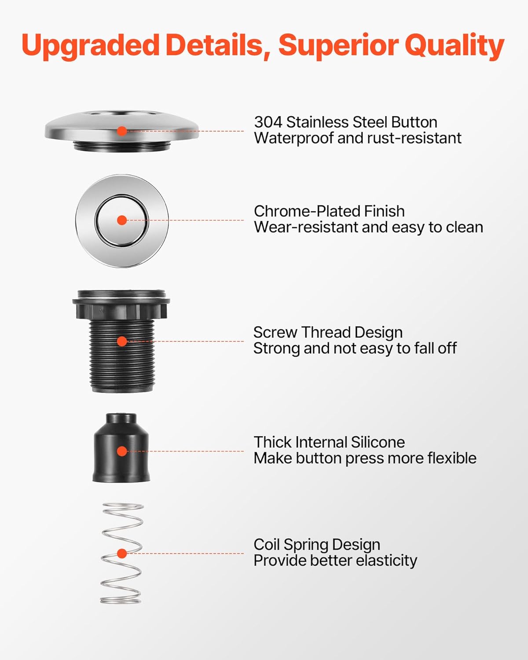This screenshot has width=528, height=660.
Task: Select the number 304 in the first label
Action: [268, 122]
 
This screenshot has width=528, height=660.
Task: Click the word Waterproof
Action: [293, 138]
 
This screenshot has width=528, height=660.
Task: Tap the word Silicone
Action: [378, 442]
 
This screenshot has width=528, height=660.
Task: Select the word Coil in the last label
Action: [266, 545]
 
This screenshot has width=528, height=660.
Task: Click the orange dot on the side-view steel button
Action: [122, 131]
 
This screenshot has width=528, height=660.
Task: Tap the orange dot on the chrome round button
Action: [122, 220]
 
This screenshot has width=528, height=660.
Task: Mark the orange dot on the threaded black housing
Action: [122, 341]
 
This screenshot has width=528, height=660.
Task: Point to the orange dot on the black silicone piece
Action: [122, 451]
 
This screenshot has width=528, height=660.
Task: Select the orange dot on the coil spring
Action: [122, 554]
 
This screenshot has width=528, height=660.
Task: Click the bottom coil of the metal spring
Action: [121, 600]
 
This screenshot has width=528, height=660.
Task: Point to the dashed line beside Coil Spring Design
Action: [185, 554]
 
